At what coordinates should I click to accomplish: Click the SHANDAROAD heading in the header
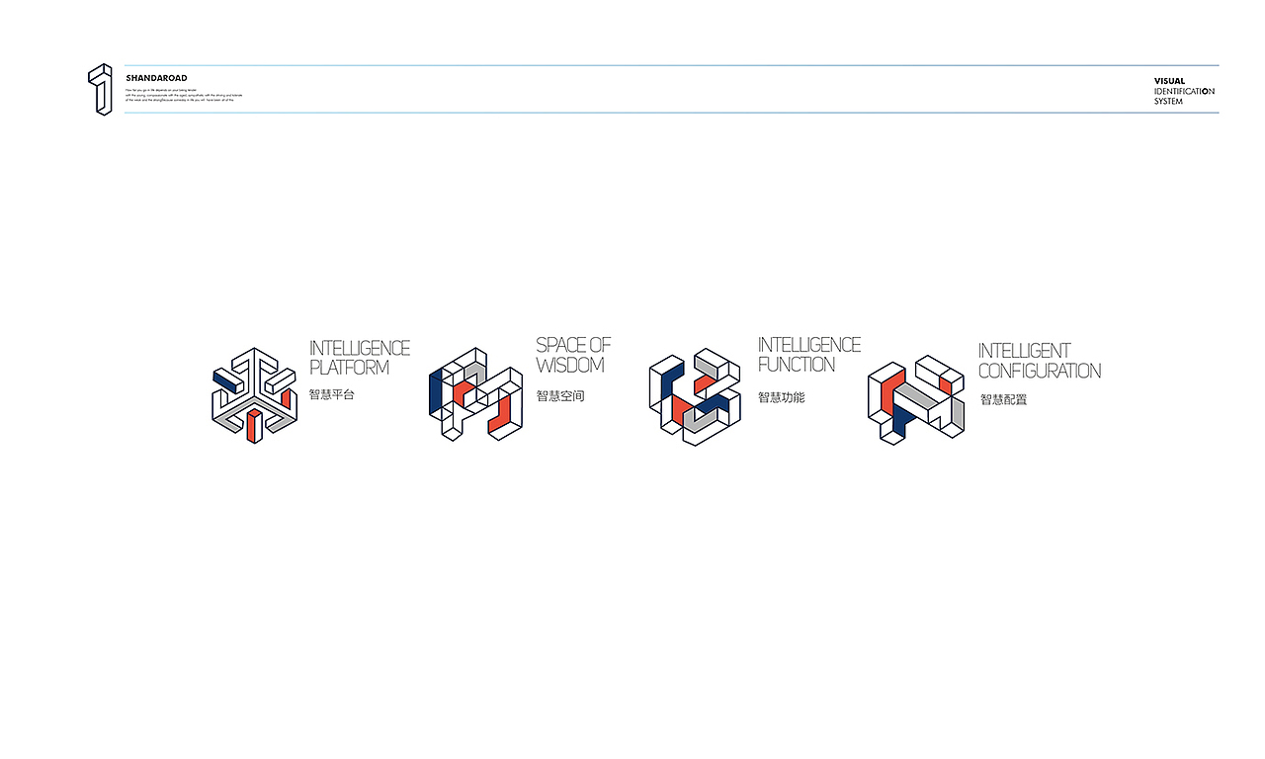coord(156,78)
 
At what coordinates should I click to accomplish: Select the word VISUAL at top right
coord(1169,81)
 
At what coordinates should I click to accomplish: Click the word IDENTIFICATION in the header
coord(1184,91)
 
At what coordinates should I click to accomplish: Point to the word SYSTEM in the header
coord(1168,101)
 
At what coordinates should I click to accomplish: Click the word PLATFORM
coord(349,368)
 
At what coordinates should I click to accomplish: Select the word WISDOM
coord(570,365)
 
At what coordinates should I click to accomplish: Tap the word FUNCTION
coord(797,364)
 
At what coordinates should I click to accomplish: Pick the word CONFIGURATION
coord(1040,371)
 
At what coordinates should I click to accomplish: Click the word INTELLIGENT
coord(1024,351)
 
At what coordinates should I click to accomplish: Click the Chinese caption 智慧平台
coord(331,394)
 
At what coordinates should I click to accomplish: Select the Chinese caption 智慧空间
coord(560,396)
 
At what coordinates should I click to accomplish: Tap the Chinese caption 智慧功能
coord(782,397)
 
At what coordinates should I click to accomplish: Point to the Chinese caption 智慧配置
coord(1003,400)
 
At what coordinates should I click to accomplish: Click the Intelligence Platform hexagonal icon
coord(254,394)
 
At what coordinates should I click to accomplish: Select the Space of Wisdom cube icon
coord(475,394)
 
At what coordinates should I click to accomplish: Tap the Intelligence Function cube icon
coord(695,396)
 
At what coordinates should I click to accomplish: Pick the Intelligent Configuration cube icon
coord(916,398)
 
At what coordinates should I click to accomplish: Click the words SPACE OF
coord(573,345)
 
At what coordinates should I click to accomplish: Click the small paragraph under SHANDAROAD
coord(184,95)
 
